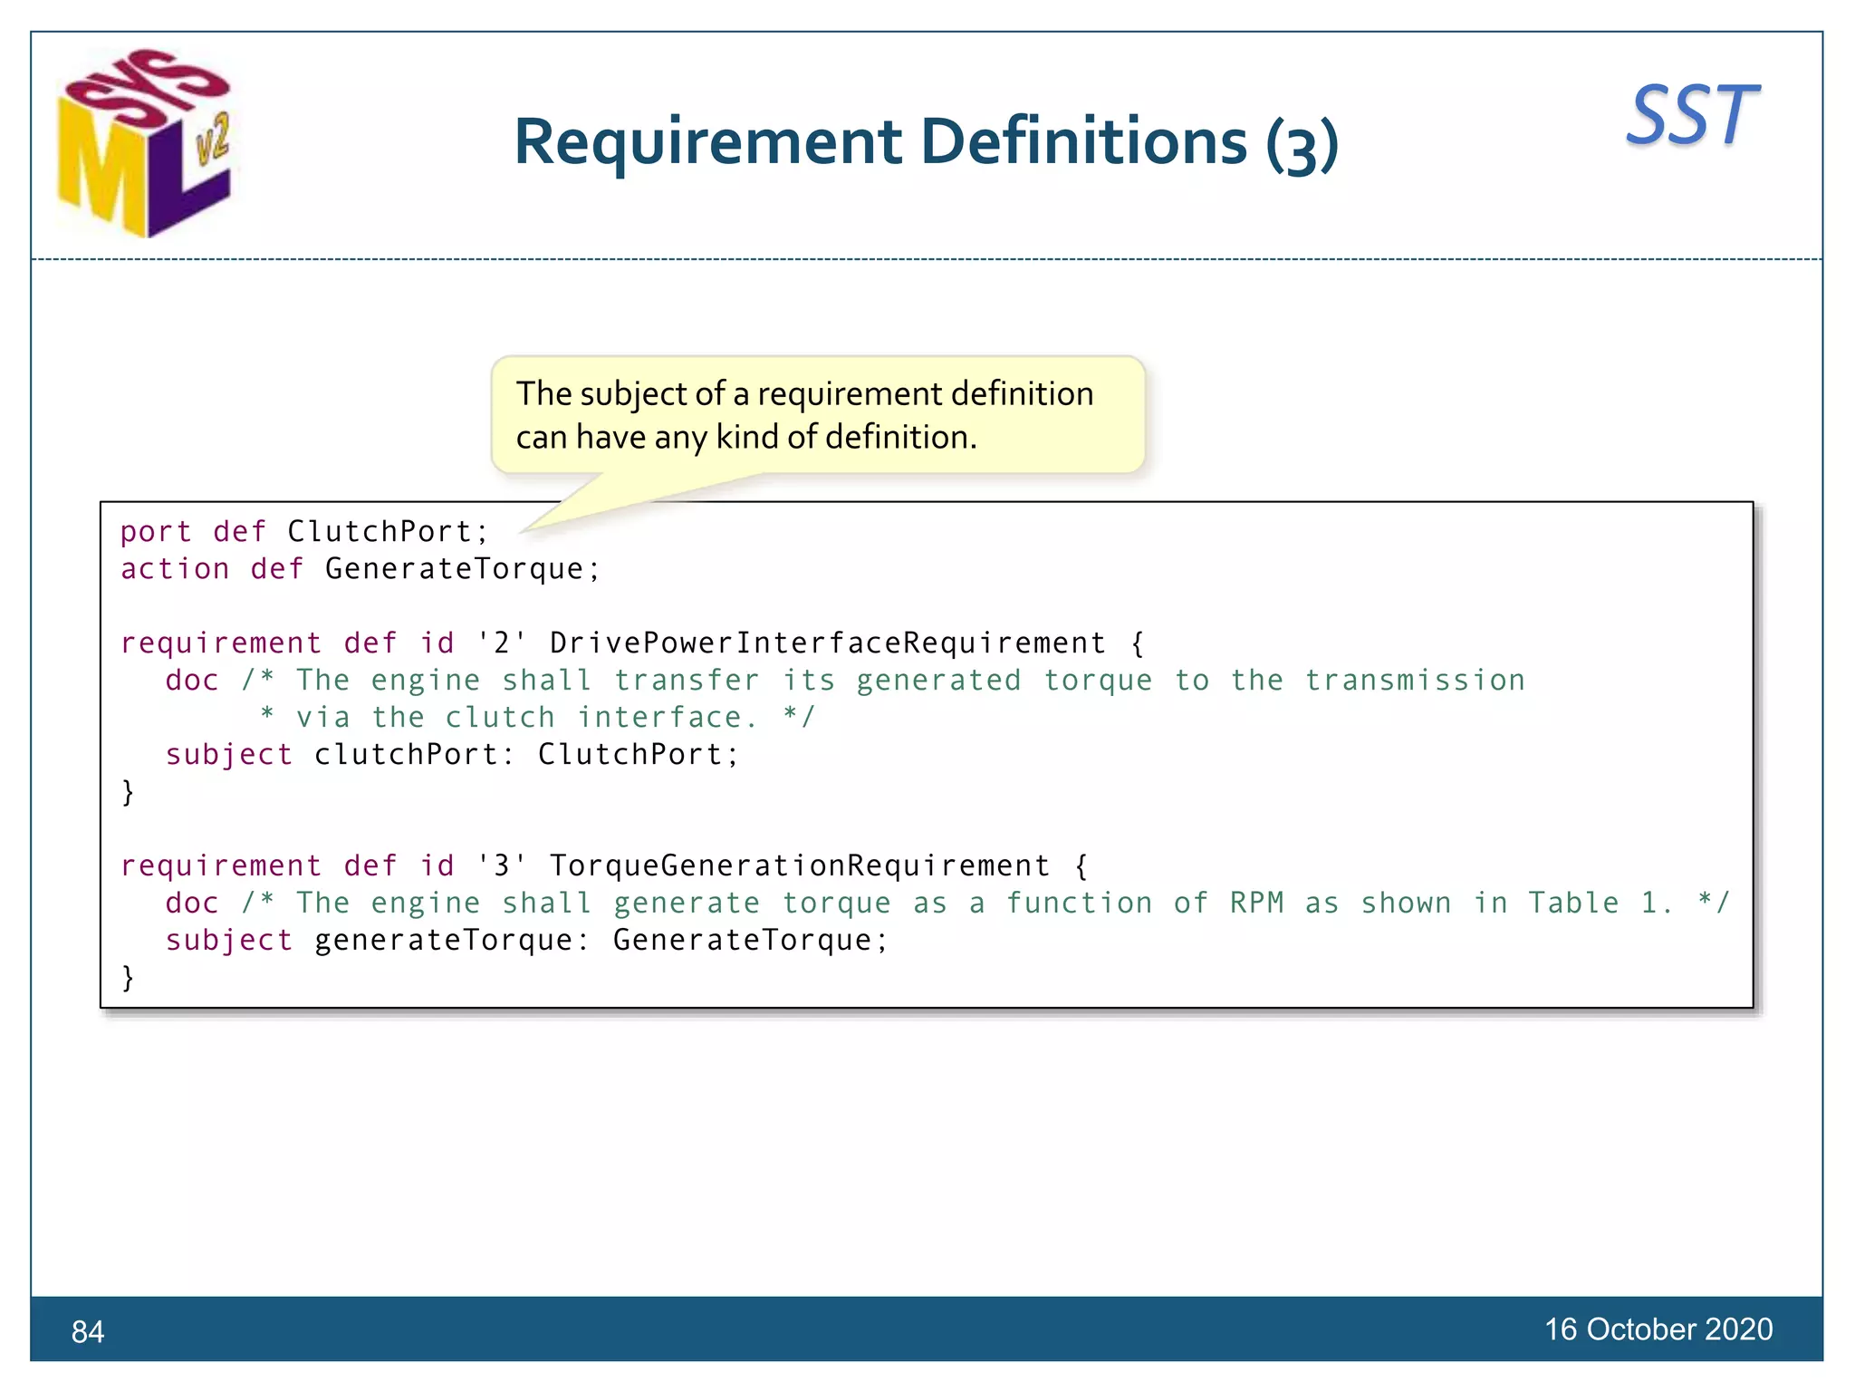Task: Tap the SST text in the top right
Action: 1692,116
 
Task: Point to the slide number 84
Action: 88,1331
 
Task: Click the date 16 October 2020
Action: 1658,1329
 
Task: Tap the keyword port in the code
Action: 156,532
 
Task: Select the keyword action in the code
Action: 175,569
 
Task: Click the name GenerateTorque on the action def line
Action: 454,569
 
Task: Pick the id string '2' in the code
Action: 501,643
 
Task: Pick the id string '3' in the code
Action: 501,866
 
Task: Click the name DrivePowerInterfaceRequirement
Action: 827,643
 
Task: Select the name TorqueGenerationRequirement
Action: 799,866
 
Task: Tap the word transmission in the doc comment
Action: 1415,681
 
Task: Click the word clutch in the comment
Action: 499,718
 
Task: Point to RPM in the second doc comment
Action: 1256,904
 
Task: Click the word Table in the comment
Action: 1573,904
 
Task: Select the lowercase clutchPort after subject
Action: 406,755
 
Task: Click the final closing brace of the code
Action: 128,978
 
